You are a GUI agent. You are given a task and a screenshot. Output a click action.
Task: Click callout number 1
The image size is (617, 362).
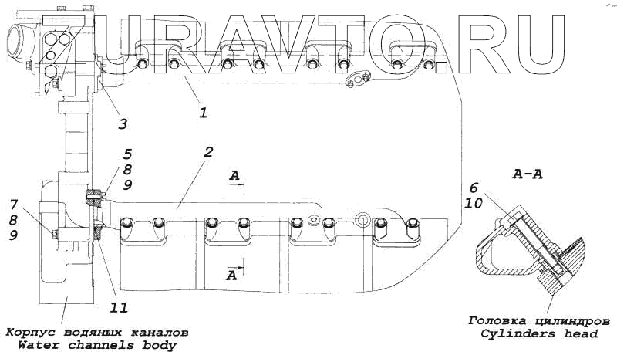click(x=203, y=112)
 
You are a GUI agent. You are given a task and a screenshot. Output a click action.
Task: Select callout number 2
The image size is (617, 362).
click(x=208, y=152)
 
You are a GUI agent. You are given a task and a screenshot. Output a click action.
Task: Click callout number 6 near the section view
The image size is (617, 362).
click(x=474, y=187)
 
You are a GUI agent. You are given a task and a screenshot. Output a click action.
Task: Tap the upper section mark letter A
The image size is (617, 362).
click(x=234, y=176)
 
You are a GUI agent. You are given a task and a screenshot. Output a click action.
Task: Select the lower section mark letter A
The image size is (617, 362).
click(x=231, y=274)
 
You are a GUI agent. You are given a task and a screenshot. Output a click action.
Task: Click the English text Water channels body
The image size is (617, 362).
click(x=96, y=344)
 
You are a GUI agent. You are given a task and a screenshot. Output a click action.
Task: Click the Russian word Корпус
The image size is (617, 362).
click(x=30, y=332)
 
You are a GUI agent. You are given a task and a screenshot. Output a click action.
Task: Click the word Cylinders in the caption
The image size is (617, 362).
click(x=518, y=333)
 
